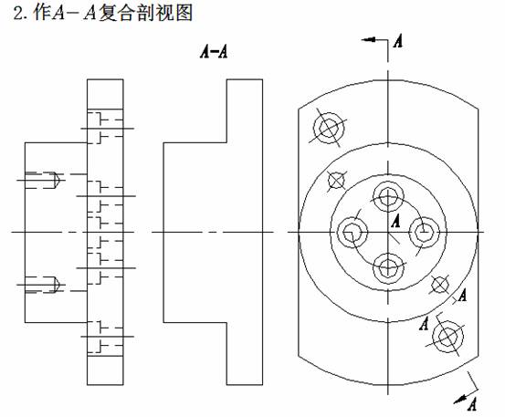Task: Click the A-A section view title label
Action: coord(214,52)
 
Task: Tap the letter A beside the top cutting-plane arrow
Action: coord(398,41)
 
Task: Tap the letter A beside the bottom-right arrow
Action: coord(471,404)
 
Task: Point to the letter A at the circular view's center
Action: coord(395,221)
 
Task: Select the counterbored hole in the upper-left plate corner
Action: coord(329,128)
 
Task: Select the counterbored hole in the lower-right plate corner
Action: coord(448,337)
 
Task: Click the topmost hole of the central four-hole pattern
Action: coord(388,196)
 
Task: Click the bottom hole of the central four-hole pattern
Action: coord(388,268)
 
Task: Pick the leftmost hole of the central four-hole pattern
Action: coord(352,233)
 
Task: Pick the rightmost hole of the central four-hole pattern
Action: coord(424,233)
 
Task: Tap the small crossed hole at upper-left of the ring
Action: coord(336,180)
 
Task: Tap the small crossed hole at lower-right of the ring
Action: coord(440,285)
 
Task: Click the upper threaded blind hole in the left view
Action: coord(43,180)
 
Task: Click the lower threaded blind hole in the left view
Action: coord(43,285)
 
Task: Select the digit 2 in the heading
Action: coord(18,14)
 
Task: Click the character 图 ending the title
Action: coord(184,14)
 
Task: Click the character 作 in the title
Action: coord(42,14)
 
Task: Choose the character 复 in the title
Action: coord(107,14)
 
